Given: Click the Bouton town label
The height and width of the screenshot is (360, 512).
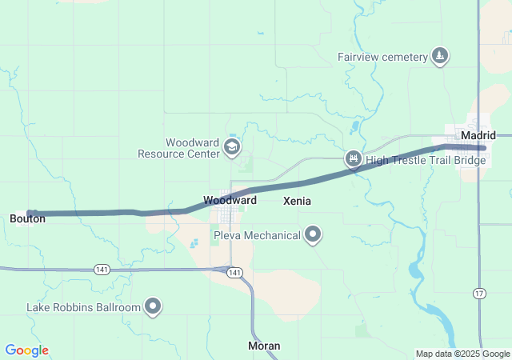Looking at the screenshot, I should click(x=27, y=218).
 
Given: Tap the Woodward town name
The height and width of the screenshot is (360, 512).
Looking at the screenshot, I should click(x=230, y=200).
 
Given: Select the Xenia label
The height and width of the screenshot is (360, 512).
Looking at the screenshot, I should click(x=298, y=202).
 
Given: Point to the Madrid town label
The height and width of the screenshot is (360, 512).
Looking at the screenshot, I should click(x=478, y=135).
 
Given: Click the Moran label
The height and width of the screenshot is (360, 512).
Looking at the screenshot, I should click(x=264, y=346).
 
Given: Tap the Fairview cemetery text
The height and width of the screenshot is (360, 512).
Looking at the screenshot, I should click(x=382, y=57).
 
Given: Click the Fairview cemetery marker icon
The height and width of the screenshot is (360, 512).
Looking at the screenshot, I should click(x=439, y=56).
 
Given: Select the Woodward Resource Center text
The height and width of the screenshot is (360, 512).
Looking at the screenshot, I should click(x=178, y=148).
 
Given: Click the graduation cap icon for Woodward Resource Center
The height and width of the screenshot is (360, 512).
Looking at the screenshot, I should click(x=231, y=146).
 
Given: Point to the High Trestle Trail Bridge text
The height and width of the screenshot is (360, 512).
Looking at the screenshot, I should click(x=426, y=161).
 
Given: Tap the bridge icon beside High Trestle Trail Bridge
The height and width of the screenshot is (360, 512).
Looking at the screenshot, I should click(x=352, y=160).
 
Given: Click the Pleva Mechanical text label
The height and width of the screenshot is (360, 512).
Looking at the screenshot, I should click(x=257, y=235).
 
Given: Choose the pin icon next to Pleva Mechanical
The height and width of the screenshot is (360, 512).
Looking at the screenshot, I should click(x=314, y=234).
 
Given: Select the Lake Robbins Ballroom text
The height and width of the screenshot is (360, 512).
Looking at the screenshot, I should click(x=83, y=306).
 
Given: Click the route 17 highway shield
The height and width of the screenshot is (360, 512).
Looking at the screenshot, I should click(x=478, y=293).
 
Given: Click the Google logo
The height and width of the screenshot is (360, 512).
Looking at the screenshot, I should click(x=26, y=350).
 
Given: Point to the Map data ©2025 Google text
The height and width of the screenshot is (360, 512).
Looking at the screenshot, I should click(x=462, y=354).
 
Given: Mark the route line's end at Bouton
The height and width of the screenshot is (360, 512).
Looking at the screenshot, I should click(x=30, y=214).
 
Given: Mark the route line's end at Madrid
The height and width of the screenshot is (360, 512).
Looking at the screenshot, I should click(x=482, y=147).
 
